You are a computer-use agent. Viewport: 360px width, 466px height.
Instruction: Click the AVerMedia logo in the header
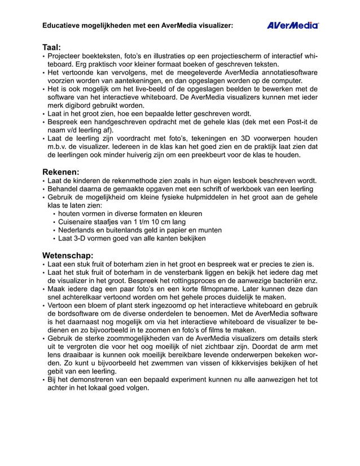pos(292,25)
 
